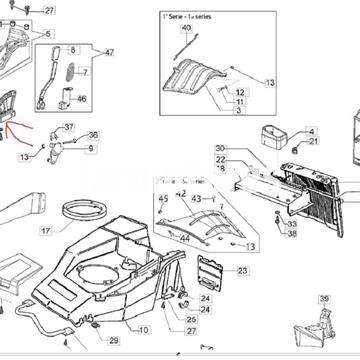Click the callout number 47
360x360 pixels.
coord(110,52)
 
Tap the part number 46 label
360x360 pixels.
coord(82,99)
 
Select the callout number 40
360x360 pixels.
coord(186,28)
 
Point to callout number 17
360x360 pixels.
coord(46,231)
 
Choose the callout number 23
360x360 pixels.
coord(242,271)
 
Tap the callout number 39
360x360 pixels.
coord(324,299)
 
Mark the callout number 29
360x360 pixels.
coord(113,341)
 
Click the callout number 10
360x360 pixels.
coord(144,330)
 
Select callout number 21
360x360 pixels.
coord(284,142)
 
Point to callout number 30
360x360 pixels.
coord(220,149)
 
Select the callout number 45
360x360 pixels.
coord(163,200)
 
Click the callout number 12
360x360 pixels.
coord(241,92)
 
